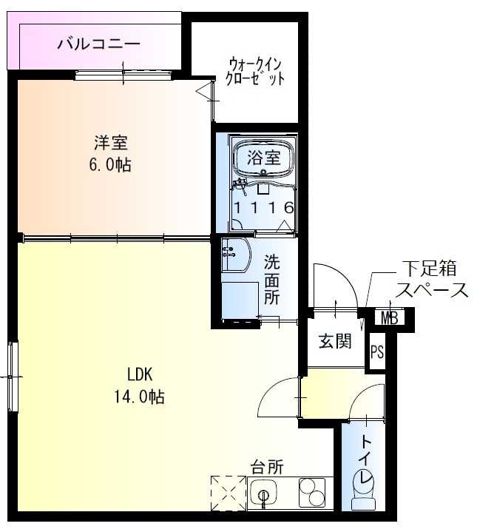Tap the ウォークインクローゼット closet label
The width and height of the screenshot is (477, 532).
click(256, 71)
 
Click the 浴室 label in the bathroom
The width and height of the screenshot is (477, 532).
click(263, 157)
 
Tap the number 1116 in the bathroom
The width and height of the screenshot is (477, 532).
click(264, 208)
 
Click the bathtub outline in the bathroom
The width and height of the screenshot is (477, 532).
click(263, 158)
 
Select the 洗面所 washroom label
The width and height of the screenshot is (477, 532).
click(272, 279)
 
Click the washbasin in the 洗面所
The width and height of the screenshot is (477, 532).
click(233, 255)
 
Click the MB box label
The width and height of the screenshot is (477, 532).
click(390, 318)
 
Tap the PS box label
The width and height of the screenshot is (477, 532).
click(377, 351)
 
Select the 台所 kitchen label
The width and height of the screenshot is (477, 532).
click(266, 467)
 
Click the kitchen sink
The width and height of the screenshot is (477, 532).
click(265, 493)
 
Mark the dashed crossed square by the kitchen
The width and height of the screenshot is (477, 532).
click(228, 492)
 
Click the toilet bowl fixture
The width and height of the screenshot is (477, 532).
click(365, 489)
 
